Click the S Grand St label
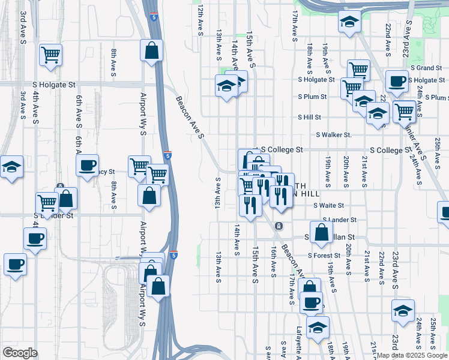pyautogui.click(x=426, y=68)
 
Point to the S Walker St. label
pyautogui.click(x=333, y=135)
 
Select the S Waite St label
pyautogui.click(x=328, y=205)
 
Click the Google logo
pyautogui.click(x=20, y=352)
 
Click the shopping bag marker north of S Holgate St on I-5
pyautogui.click(x=152, y=50)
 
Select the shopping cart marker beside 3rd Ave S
pyautogui.click(x=51, y=55)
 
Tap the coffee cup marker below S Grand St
pyautogui.click(x=396, y=82)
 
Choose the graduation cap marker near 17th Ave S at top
pyautogui.click(x=349, y=22)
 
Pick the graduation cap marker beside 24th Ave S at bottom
pyautogui.click(x=403, y=311)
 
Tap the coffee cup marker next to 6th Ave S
pyautogui.click(x=87, y=165)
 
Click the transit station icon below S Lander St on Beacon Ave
pyautogui.click(x=279, y=226)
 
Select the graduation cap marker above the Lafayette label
pyautogui.click(x=317, y=328)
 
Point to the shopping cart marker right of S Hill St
pyautogui.click(x=405, y=111)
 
